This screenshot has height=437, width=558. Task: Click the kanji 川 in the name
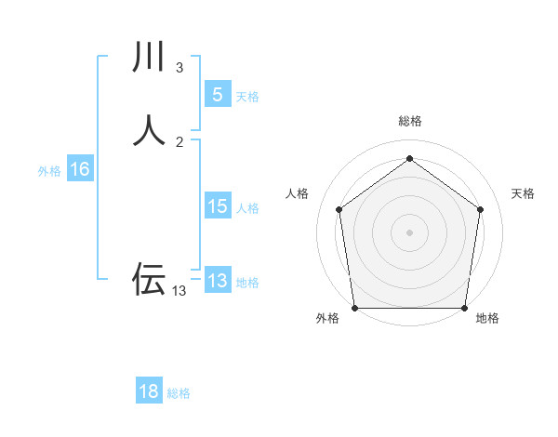click(149, 59)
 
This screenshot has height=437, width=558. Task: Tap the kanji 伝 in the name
click(149, 278)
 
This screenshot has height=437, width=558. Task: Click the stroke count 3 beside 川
click(179, 68)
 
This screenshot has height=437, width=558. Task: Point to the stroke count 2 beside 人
click(179, 141)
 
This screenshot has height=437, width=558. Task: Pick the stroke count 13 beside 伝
click(179, 291)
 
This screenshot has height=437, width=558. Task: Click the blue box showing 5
click(217, 94)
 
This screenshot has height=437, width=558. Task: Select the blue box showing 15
click(217, 206)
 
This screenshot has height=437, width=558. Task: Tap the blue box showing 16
click(80, 169)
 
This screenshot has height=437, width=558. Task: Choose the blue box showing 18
click(149, 391)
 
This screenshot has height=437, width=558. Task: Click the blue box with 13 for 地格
click(217, 281)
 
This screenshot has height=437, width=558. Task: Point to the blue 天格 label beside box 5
click(247, 97)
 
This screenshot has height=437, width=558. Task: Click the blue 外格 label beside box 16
click(49, 171)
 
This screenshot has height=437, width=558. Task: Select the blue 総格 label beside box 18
click(179, 393)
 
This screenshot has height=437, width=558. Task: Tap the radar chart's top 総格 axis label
click(410, 121)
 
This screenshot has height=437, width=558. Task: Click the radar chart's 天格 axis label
click(523, 193)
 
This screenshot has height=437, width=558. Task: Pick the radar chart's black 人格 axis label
click(298, 193)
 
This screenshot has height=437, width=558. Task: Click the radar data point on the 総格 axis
click(410, 158)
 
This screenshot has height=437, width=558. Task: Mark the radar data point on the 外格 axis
click(354, 308)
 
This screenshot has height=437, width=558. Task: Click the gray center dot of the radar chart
click(410, 232)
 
